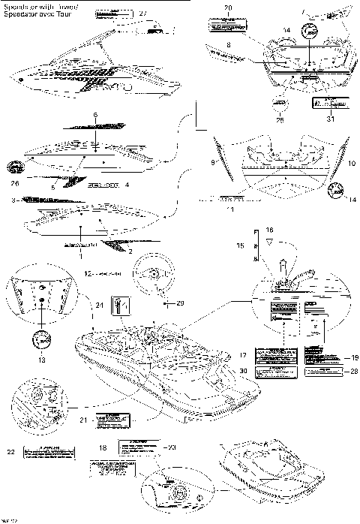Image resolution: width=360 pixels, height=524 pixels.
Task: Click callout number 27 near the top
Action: [x=143, y=14]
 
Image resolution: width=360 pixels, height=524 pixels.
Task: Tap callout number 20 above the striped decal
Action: [x=228, y=8]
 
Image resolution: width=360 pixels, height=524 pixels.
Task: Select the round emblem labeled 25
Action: [x=280, y=104]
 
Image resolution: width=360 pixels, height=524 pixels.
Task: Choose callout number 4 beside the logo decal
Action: [x=127, y=184]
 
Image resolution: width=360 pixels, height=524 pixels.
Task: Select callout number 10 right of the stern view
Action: [x=352, y=162]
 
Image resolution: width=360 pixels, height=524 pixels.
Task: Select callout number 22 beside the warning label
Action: [x=10, y=450]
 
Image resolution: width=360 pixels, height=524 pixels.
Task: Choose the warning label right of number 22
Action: [x=49, y=451]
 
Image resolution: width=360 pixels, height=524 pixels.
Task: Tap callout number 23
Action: [x=172, y=447]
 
